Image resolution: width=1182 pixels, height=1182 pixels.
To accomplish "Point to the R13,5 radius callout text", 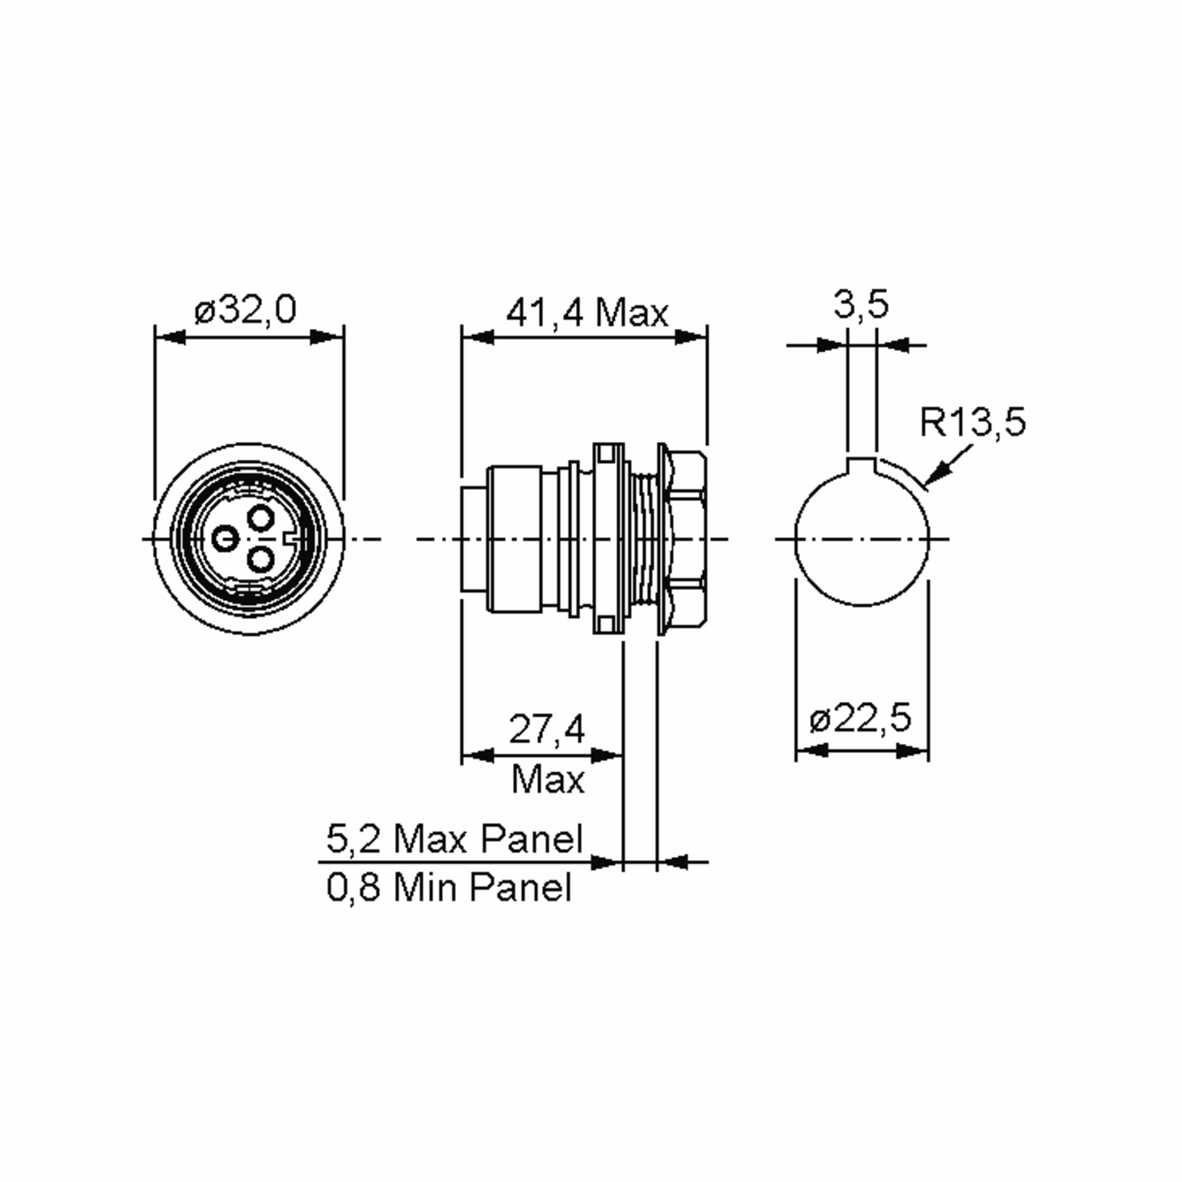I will tap(972, 422).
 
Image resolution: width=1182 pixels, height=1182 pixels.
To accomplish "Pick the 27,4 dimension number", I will tap(546, 729).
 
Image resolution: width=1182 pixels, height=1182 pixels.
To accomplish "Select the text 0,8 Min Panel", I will tap(449, 887).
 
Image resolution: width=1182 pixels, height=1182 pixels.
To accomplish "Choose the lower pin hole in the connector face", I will tap(261, 558).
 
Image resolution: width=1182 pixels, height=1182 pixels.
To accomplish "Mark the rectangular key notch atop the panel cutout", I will tap(862, 465).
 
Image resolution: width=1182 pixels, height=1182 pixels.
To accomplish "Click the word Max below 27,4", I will tap(548, 780).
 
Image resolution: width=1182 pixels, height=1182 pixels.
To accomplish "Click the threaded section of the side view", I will tap(642, 538).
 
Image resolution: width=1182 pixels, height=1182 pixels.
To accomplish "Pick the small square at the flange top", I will tap(605, 453).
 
